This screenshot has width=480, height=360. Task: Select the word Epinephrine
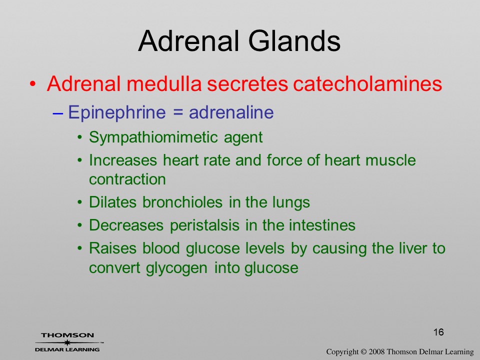tap(116, 112)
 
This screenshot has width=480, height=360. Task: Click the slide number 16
tap(438, 332)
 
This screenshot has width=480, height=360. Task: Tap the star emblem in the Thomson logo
tap(67, 342)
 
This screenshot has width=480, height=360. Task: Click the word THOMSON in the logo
tap(67, 335)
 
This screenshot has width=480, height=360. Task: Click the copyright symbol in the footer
tap(363, 351)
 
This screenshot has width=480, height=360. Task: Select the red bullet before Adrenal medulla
tap(33, 84)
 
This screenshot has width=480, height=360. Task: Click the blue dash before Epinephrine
tap(58, 113)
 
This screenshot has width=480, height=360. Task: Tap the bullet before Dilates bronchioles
tap(79, 202)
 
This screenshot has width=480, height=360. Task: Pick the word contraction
tap(127, 179)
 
